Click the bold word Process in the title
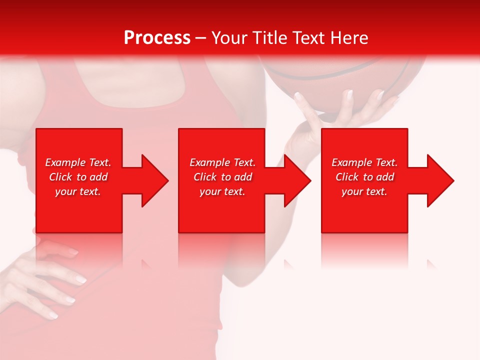coord(157,38)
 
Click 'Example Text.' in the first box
coord(78,162)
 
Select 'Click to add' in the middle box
coord(222,177)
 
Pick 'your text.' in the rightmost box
coord(364,191)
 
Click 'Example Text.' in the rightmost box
coord(364,162)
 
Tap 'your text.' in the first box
coord(78,191)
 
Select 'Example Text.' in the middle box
coord(222,162)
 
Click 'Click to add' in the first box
coord(78,177)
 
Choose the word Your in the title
coord(231,38)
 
